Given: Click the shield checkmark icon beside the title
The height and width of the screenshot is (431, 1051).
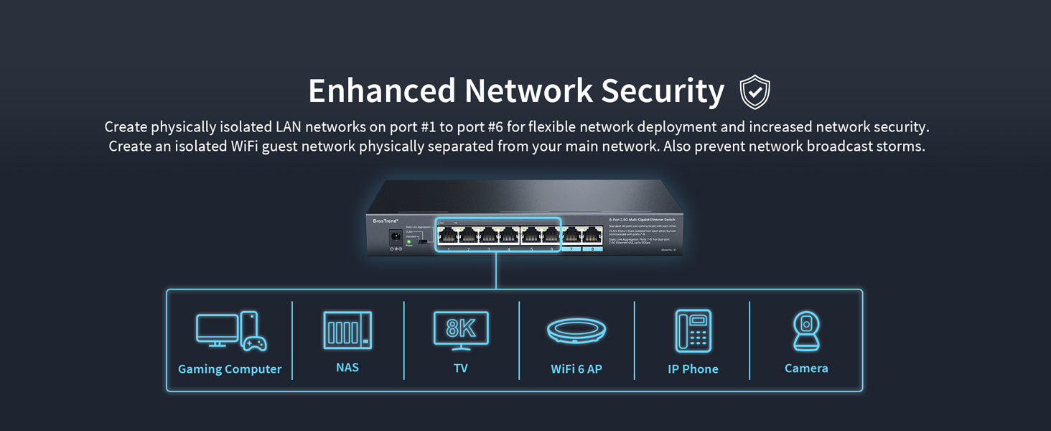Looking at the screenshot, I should pyautogui.click(x=755, y=92).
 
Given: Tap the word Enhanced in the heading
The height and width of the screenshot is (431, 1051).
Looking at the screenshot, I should pyautogui.click(x=381, y=91).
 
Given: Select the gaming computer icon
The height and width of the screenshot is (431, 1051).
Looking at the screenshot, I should pyautogui.click(x=230, y=331).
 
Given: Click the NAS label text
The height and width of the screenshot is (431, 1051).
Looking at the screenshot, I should pyautogui.click(x=347, y=367).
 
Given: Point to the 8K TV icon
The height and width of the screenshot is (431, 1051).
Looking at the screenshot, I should pyautogui.click(x=461, y=330).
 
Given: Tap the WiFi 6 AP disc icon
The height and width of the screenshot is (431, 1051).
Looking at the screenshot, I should pyautogui.click(x=576, y=331).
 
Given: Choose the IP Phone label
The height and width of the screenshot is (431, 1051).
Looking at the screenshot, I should pyautogui.click(x=692, y=369).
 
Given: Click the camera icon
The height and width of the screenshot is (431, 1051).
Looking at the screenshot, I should pyautogui.click(x=806, y=331).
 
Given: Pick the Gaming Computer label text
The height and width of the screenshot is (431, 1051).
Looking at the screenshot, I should pyautogui.click(x=230, y=369).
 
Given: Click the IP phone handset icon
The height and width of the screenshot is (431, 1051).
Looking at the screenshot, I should pyautogui.click(x=693, y=331).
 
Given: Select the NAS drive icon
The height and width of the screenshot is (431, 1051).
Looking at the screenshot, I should pyautogui.click(x=347, y=330).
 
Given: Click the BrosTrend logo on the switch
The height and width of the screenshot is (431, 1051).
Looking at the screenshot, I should pyautogui.click(x=386, y=221).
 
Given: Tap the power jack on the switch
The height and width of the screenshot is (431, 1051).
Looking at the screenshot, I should pyautogui.click(x=395, y=236).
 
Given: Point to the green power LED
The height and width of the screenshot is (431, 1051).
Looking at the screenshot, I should pyautogui.click(x=409, y=242).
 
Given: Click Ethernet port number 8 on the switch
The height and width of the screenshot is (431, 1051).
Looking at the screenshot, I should pyautogui.click(x=592, y=235).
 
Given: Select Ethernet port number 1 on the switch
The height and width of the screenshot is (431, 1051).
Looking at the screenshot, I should pyautogui.click(x=449, y=235).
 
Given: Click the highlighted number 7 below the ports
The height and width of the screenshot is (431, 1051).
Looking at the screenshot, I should pyautogui.click(x=571, y=249).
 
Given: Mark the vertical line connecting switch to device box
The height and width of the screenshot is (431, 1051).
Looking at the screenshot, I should pyautogui.click(x=496, y=271).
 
